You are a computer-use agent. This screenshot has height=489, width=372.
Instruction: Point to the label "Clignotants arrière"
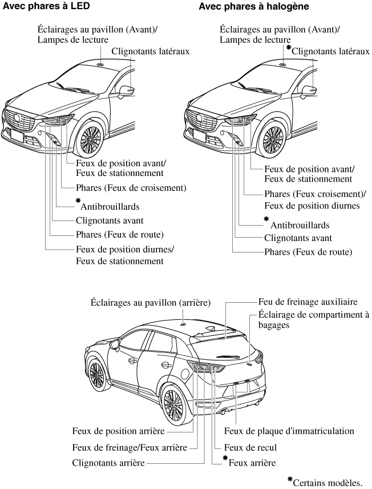tap(108, 462)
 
